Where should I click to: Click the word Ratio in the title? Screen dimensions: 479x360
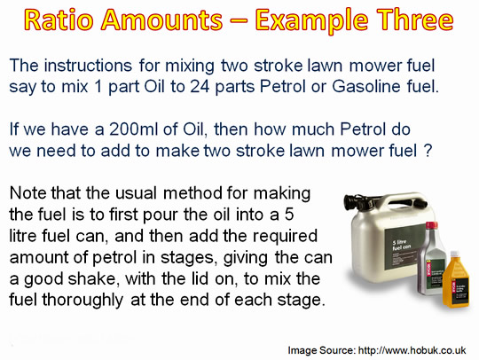coord(59,20)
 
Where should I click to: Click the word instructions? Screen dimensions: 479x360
coord(88,66)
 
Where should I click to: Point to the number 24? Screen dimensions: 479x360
coord(200,86)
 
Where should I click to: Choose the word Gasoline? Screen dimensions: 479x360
coord(366,86)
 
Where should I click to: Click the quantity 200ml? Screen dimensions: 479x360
coord(133,129)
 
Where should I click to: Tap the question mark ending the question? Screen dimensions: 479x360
coord(428,151)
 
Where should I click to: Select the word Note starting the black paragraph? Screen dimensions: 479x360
coord(28,193)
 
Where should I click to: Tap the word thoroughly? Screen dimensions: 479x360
coord(82,301)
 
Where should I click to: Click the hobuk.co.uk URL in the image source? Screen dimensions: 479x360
coord(412,350)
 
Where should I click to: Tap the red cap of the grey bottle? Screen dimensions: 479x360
coord(431,225)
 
